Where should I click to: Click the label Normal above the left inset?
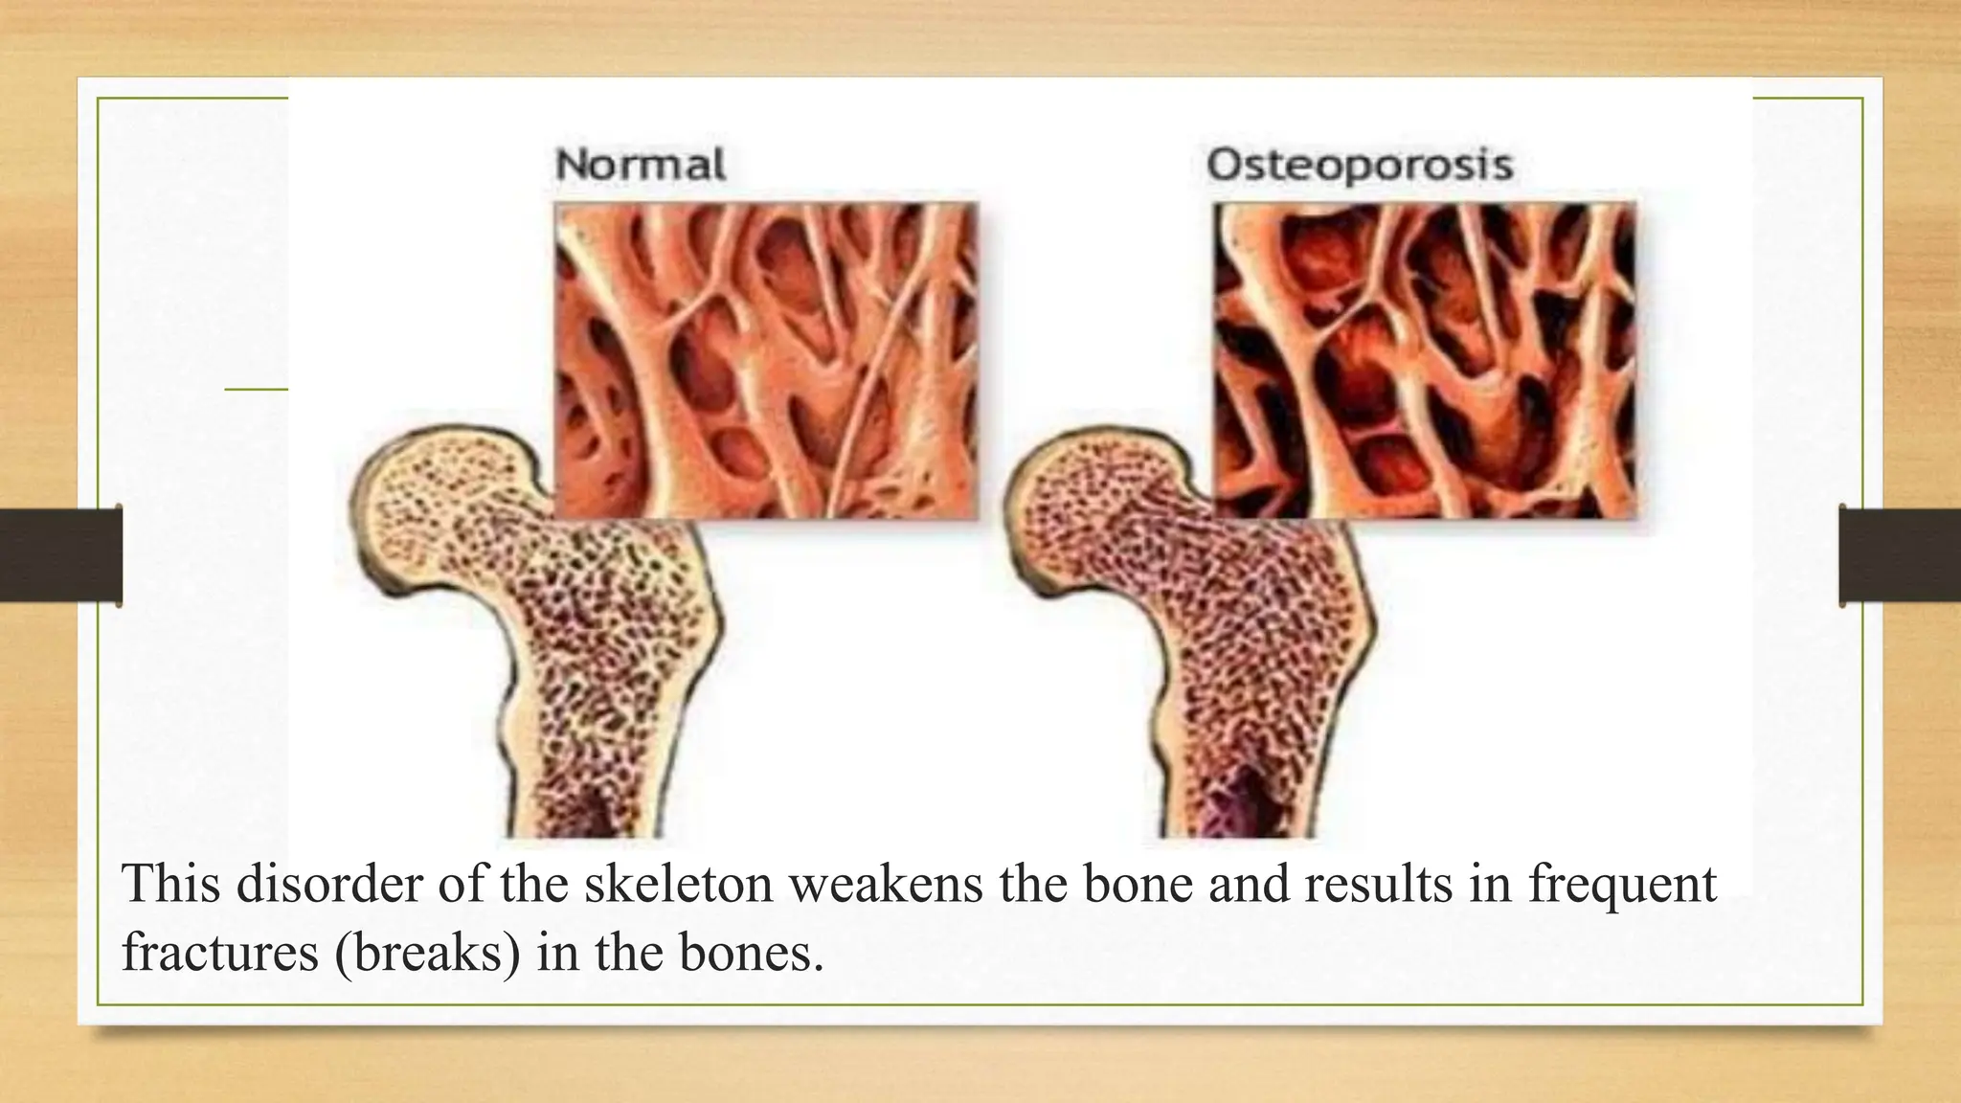click(x=641, y=165)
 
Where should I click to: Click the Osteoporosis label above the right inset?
click(x=1360, y=165)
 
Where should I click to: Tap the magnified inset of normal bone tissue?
click(x=766, y=361)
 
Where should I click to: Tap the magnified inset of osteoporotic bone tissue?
click(x=1425, y=361)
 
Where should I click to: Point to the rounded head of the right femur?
click(x=1082, y=507)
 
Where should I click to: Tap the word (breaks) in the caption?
click(x=428, y=952)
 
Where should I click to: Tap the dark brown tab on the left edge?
click(x=60, y=555)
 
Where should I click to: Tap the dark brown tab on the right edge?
click(x=1900, y=555)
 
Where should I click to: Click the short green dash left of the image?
click(x=256, y=389)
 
